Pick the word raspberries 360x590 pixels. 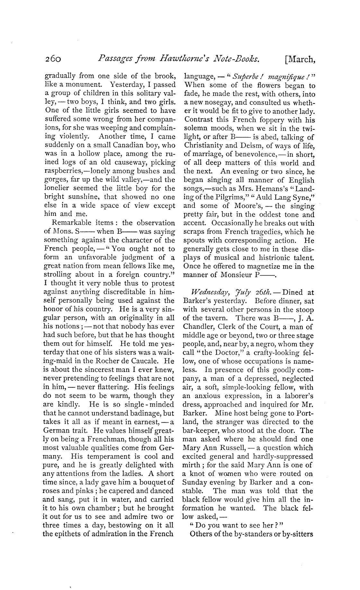64,171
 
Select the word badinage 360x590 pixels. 149,413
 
